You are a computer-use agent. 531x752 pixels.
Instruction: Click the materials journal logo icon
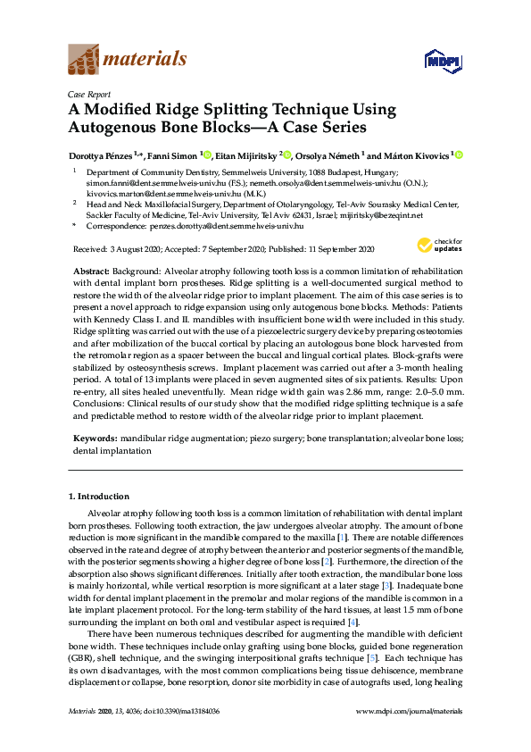tap(84, 59)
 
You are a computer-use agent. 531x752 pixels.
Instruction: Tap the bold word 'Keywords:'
tap(95, 439)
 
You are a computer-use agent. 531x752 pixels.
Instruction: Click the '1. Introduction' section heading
tap(100, 496)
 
